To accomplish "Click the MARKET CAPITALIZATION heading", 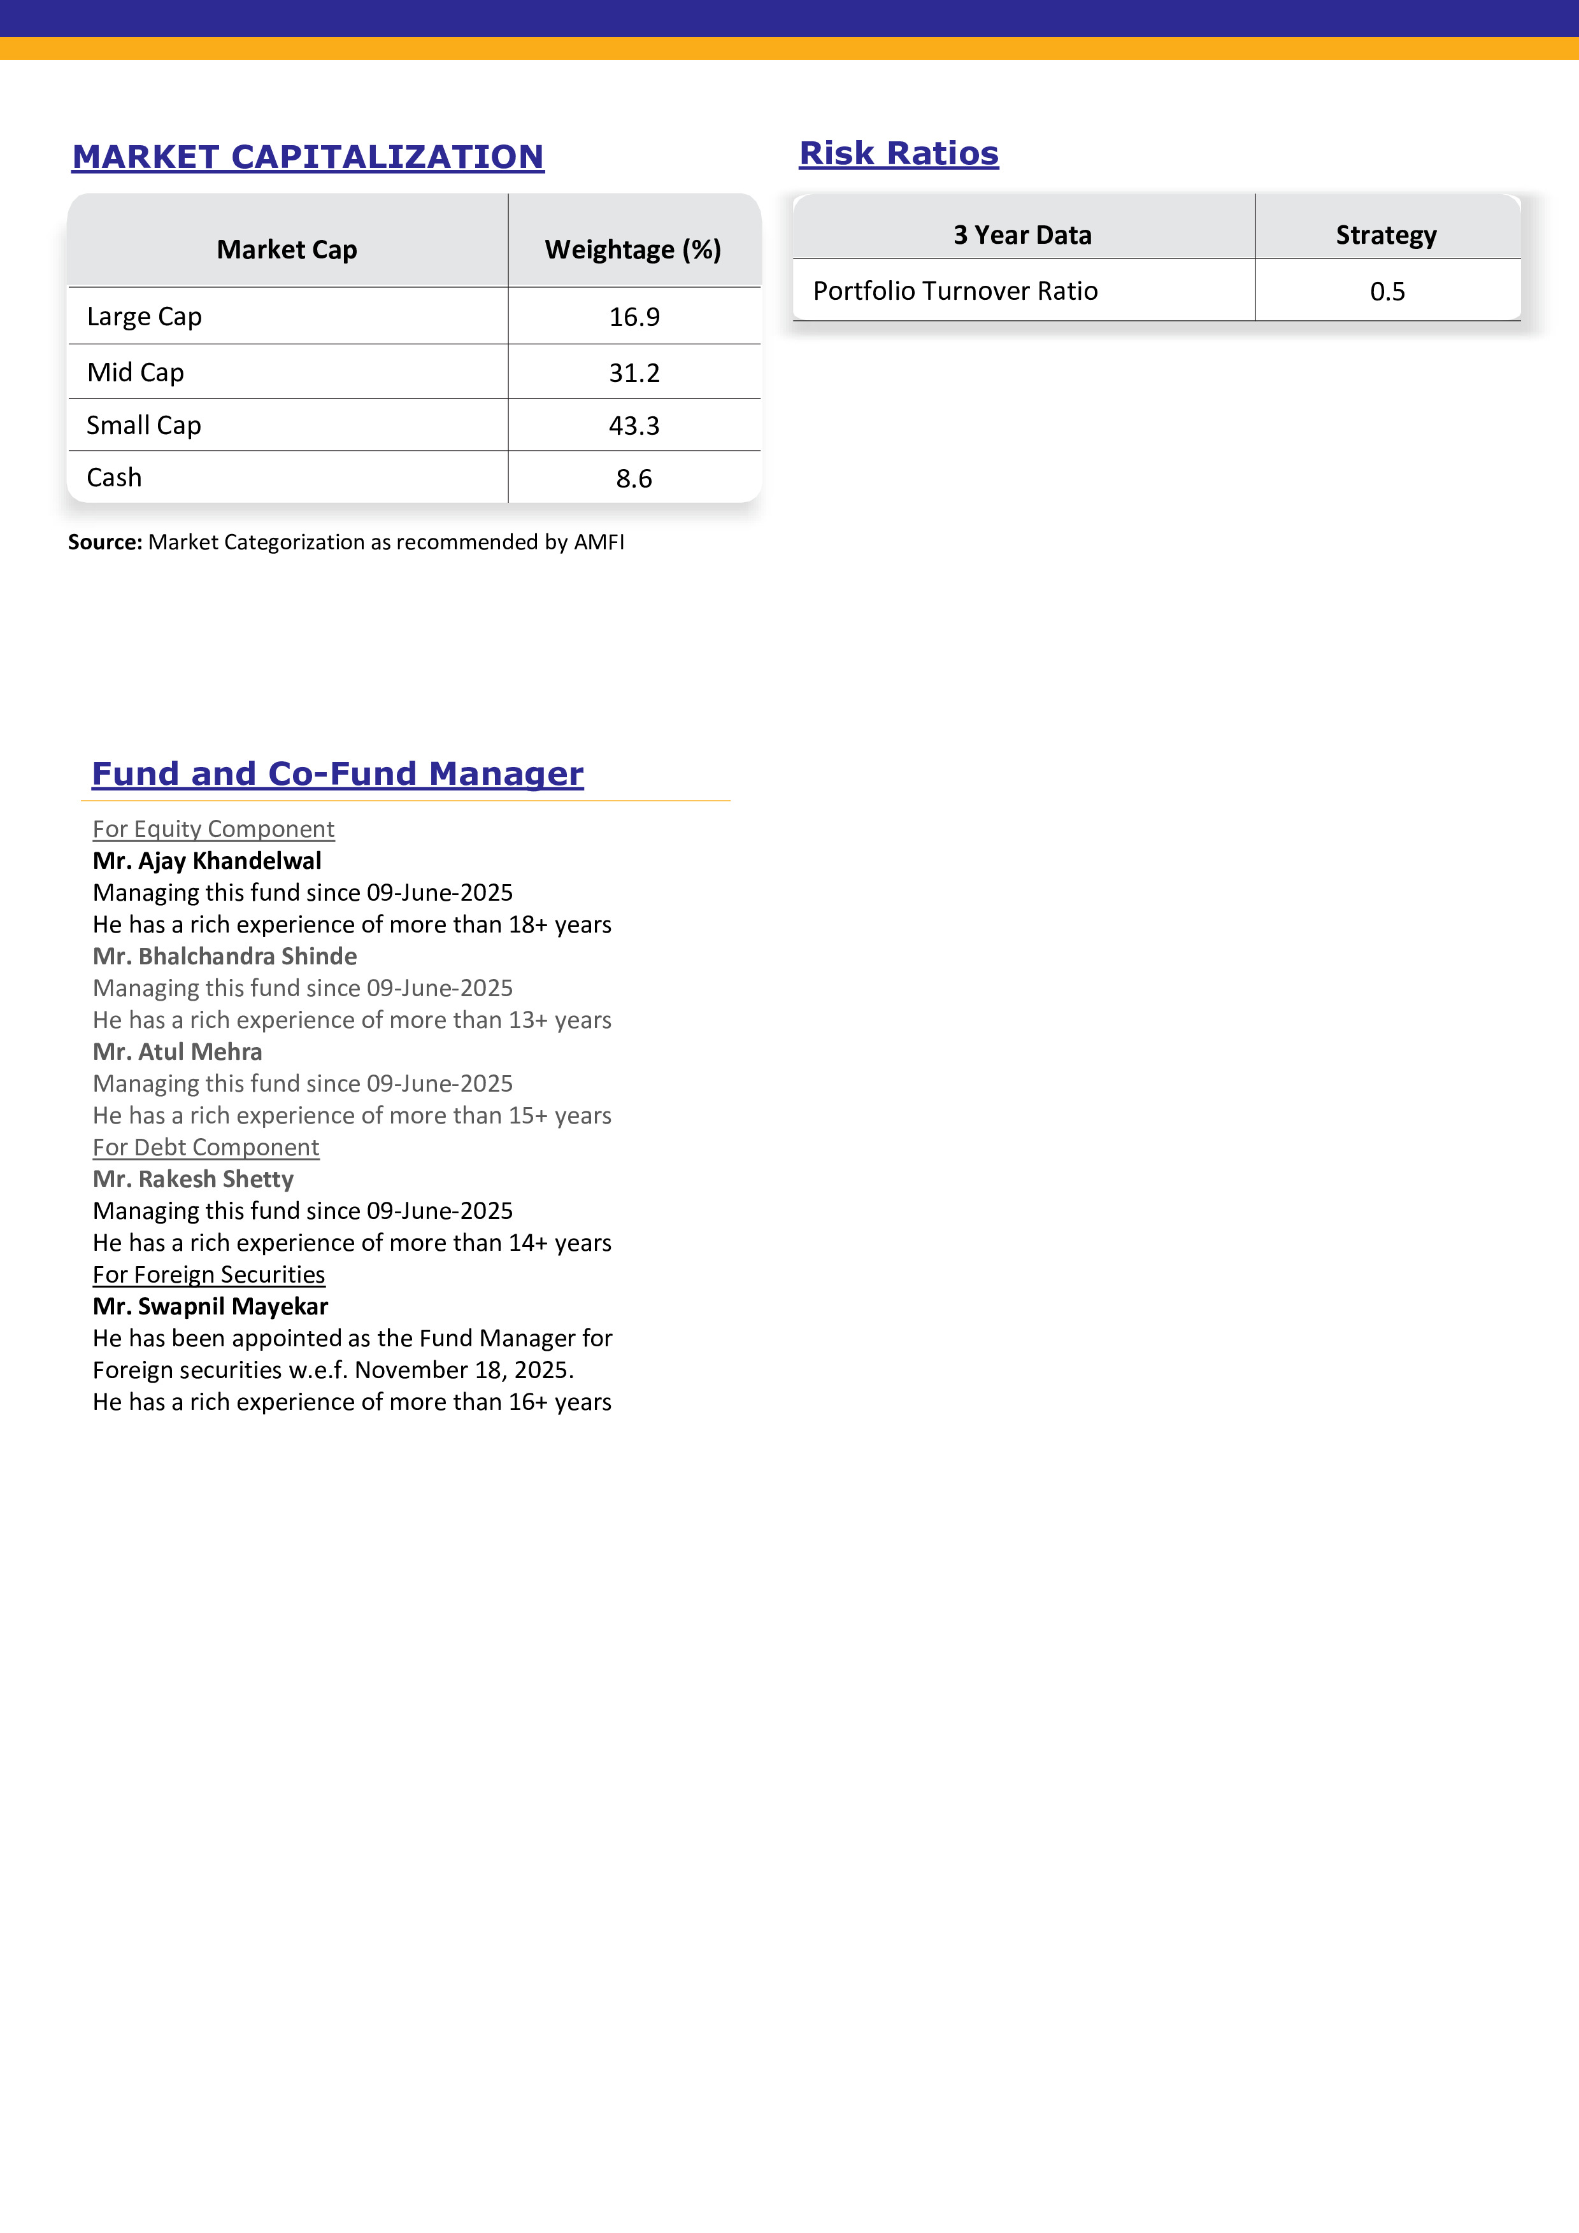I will (x=308, y=157).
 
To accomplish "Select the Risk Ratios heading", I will (x=898, y=153).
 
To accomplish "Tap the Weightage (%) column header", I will (x=632, y=250).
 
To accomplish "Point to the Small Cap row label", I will (x=144, y=426).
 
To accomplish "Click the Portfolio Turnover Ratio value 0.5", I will (x=1387, y=292).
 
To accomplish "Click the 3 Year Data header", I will (x=1022, y=236).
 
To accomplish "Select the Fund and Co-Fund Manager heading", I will (x=338, y=774).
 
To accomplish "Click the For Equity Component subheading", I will (x=213, y=829).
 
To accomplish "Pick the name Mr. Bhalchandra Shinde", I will (x=225, y=957).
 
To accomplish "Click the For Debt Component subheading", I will (x=205, y=1148).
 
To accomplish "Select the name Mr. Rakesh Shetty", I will (x=192, y=1180).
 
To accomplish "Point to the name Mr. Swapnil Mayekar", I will (x=210, y=1307).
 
